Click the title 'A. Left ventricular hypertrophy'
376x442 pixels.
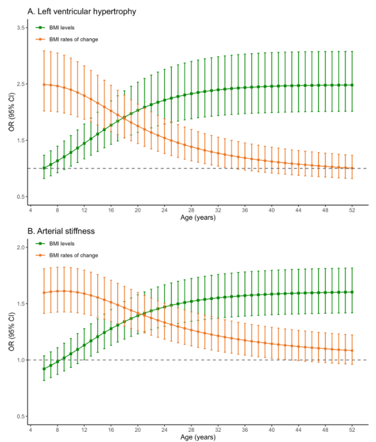tap(82, 11)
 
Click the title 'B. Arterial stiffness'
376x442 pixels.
tap(61, 231)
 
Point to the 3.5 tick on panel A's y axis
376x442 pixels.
tap(20, 28)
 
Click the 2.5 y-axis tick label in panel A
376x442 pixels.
tap(20, 84)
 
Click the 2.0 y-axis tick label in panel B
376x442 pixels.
tap(20, 247)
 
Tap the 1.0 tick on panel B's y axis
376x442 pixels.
tap(20, 360)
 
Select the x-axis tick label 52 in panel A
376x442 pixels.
tap(352, 210)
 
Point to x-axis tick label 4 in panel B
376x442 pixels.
tap(31, 430)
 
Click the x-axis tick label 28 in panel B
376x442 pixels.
tap(191, 430)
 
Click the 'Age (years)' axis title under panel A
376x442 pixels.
tap(198, 217)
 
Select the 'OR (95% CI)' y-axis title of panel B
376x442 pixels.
tap(11, 332)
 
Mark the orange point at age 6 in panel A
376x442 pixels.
tap(44, 84)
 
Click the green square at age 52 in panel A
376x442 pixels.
tap(352, 85)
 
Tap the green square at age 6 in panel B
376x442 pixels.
tap(44, 369)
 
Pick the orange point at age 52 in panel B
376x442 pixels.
tap(352, 351)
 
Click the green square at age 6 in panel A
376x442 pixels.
tap(44, 168)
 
